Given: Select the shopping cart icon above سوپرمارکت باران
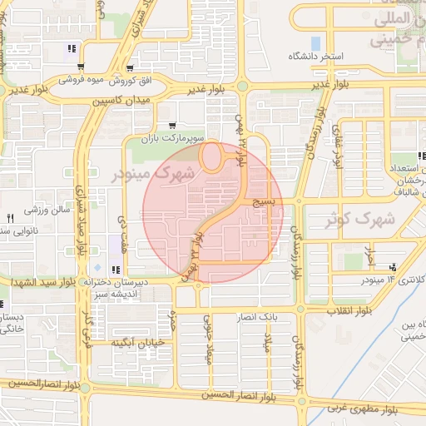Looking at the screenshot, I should (x=171, y=124).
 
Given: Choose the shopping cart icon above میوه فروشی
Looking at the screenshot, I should (x=130, y=68).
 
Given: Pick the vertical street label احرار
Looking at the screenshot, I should (x=372, y=254).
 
